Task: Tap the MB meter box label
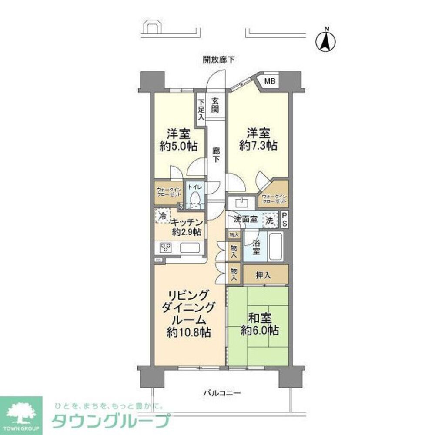tap(271, 81)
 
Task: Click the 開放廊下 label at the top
tap(218, 60)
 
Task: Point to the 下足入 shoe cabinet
tap(201, 110)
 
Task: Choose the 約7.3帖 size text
tap(258, 146)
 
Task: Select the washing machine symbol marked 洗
tap(270, 220)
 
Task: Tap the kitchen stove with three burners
tap(166, 248)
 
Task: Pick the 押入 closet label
tap(265, 276)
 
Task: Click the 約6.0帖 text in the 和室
tap(260, 331)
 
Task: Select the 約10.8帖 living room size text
tap(190, 333)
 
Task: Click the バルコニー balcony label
tap(222, 394)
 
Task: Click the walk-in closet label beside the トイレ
tap(168, 192)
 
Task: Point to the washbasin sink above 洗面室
tap(241, 202)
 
